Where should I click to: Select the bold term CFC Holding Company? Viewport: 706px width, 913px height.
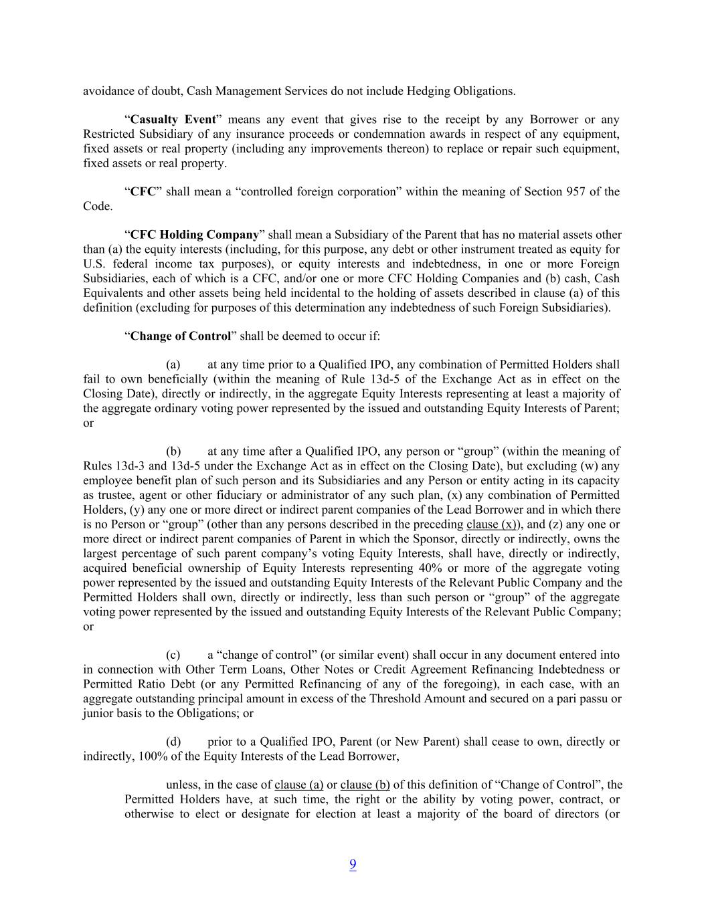tap(194, 235)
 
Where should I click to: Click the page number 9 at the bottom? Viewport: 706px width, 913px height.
tap(353, 865)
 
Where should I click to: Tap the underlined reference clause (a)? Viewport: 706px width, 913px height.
tap(298, 785)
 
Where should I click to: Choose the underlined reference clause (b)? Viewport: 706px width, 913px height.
tap(365, 785)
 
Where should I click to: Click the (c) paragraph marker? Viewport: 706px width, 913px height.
tap(173, 655)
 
